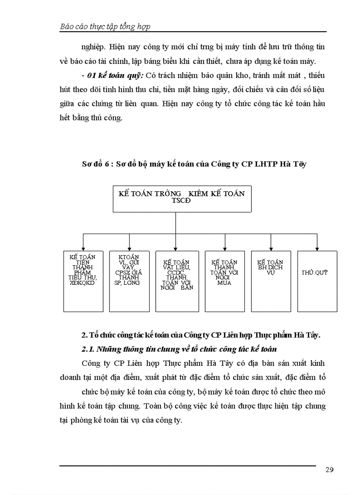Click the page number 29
coord(329,469)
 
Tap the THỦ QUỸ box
coord(317,281)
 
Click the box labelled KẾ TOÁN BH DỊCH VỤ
coord(270,281)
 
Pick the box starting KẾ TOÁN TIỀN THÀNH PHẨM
coord(83,281)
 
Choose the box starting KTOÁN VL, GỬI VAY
coord(129,281)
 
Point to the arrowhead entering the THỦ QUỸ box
coord(317,249)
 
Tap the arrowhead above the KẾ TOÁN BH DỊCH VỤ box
coord(270,249)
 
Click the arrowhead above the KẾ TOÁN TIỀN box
coord(83,249)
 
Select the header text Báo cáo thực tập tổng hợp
coord(105,26)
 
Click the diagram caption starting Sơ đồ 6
coord(194,164)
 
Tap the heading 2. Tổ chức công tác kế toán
coord(201,335)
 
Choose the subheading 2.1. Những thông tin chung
coord(179,349)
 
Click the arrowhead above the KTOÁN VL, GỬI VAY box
coord(129,249)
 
